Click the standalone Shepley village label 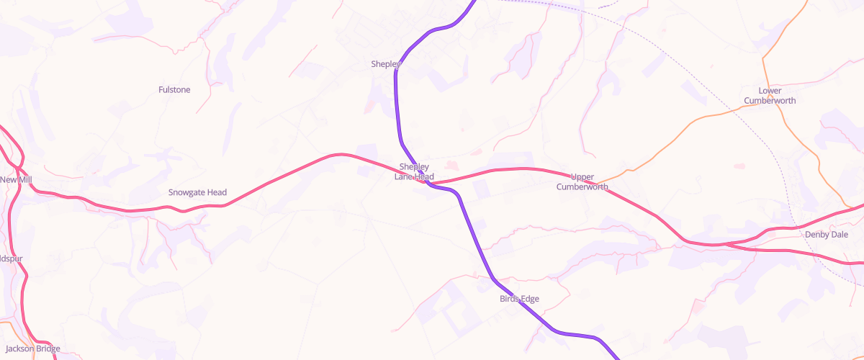point(385,64)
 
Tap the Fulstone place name point(174,89)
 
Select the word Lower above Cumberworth point(770,91)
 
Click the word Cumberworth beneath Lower point(770,101)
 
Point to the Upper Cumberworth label point(582,181)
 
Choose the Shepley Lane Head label point(414,171)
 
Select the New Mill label point(16,179)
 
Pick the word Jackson point(19,348)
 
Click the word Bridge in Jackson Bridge point(48,348)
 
